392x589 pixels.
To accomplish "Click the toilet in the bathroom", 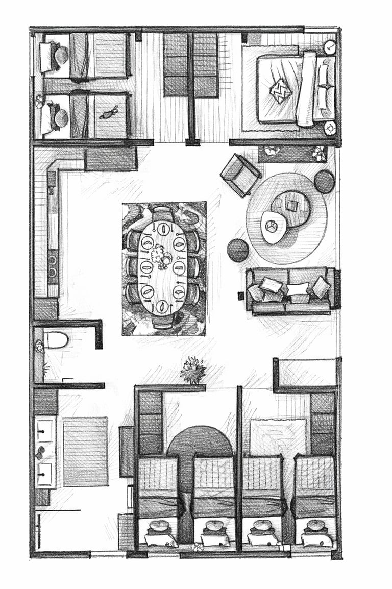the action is (56, 340).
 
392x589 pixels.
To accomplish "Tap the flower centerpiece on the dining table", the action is (161, 256).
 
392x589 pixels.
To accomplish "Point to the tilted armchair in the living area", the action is (240, 175).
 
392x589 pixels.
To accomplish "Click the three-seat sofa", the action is (290, 291).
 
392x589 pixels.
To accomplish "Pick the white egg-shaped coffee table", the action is (274, 227).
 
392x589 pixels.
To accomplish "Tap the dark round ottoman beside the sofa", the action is (238, 250).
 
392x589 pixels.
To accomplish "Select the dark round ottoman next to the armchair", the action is (324, 182).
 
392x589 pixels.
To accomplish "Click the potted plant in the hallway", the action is (193, 370).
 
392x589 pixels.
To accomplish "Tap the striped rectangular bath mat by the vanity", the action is (85, 451).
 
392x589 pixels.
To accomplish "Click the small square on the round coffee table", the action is (291, 205).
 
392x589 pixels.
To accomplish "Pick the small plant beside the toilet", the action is (39, 347).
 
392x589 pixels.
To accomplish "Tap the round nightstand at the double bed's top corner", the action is (330, 47).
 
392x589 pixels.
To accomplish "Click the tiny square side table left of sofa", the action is (241, 296).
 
